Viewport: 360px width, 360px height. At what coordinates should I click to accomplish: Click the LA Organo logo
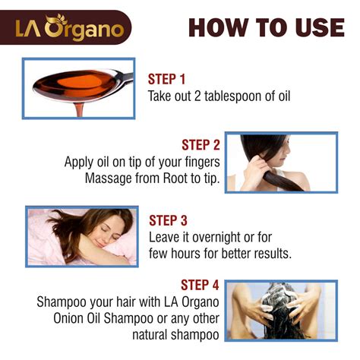point(70,29)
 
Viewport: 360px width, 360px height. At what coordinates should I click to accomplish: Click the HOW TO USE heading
point(266,27)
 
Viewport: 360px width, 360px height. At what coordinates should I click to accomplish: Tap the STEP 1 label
point(166,79)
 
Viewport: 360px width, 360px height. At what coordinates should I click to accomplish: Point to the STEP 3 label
point(168,220)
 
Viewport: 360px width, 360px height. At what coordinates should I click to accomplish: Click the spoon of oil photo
point(79,88)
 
